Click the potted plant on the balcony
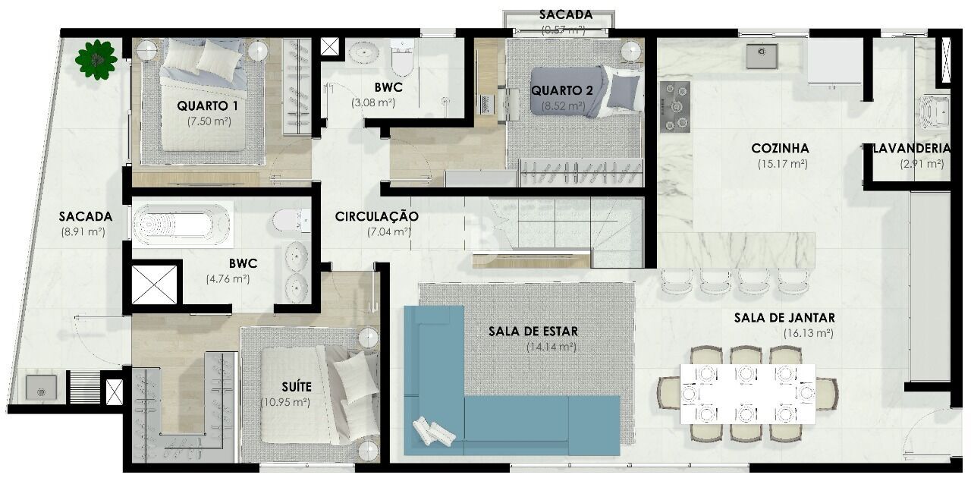pos(96,58)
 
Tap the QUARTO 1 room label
pos(208,105)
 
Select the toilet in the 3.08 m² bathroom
pos(401,58)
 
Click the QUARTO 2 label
pos(562,90)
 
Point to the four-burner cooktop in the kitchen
pos(674,106)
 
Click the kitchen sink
pos(761,55)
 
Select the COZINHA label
pos(780,148)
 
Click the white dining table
pos(747,394)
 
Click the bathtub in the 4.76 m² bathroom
pos(182,225)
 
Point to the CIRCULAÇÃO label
pos(376,216)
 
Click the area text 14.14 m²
pos(551,347)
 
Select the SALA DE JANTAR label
pos(784,318)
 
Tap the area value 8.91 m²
pos(83,233)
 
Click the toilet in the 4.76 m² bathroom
pos(289,221)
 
